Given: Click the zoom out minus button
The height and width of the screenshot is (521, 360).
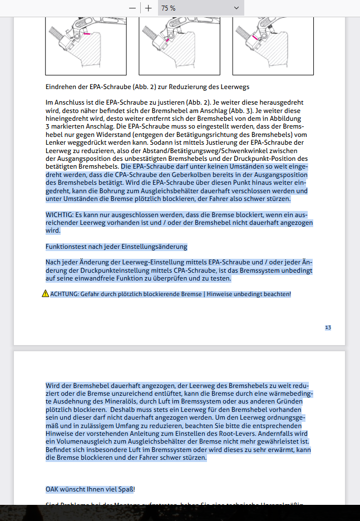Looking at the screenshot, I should click(x=132, y=8).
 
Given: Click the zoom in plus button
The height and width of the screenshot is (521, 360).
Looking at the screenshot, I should click(x=149, y=8).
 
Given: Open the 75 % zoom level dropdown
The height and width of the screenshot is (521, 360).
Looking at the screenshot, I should click(x=200, y=8).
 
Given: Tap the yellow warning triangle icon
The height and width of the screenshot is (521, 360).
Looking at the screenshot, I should click(x=45, y=294).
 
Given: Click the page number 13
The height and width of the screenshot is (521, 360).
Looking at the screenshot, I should click(x=328, y=328).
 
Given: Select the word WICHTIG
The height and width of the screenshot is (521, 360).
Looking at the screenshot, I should click(x=58, y=215).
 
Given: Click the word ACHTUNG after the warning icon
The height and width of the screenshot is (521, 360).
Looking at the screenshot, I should click(x=64, y=294).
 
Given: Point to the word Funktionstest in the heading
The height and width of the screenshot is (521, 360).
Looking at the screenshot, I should click(x=65, y=247).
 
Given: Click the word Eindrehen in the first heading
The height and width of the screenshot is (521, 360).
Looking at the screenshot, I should click(x=60, y=87).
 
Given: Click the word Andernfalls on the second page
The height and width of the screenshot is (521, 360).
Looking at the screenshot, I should click(x=268, y=434).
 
